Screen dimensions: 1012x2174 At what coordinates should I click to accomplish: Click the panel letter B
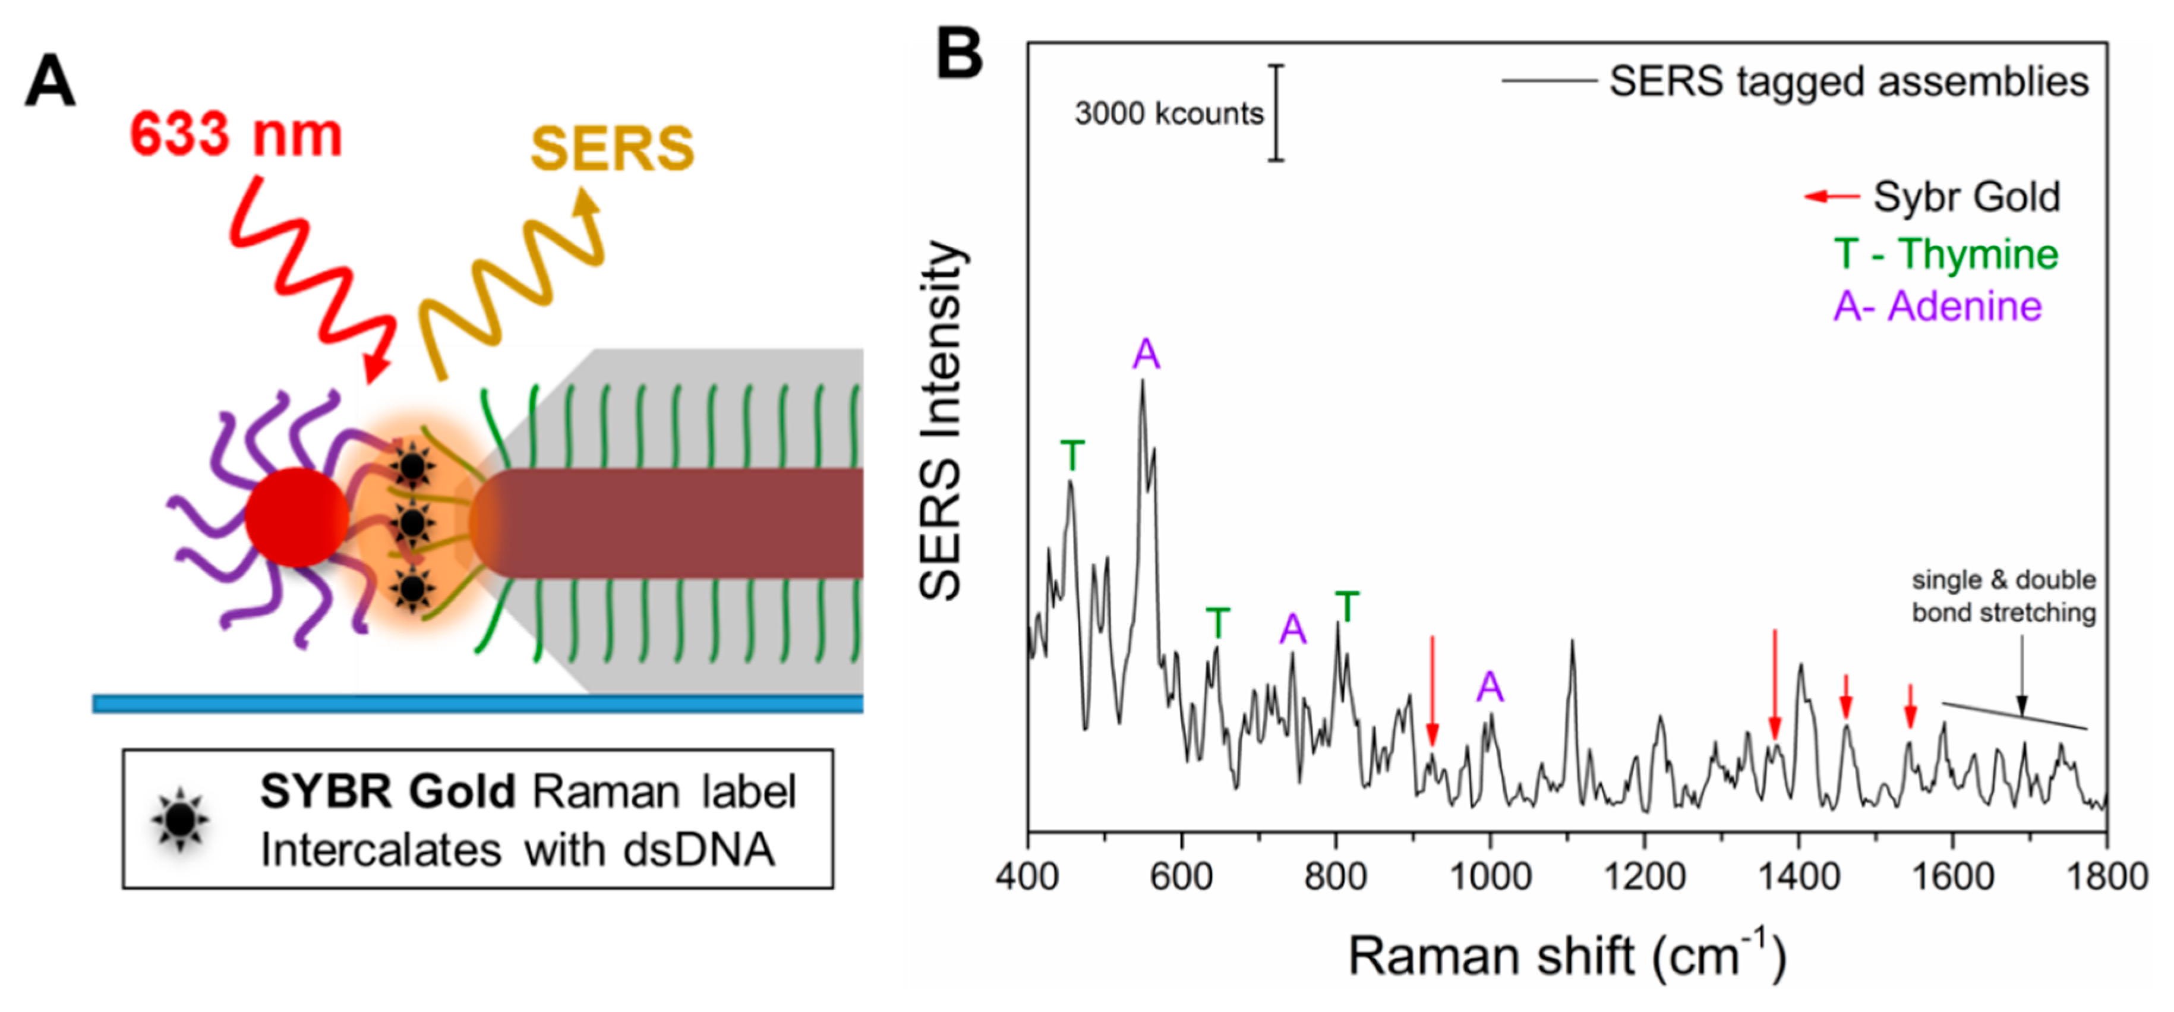click(x=960, y=53)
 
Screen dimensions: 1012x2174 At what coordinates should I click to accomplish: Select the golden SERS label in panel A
click(x=612, y=149)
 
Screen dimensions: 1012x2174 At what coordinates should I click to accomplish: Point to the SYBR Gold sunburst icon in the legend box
click(x=180, y=817)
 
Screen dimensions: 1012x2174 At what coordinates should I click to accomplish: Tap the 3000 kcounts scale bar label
click(x=1169, y=113)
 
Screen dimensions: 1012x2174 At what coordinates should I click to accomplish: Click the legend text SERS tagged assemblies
click(x=1848, y=82)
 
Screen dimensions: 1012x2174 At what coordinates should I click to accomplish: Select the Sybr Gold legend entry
click(x=1967, y=197)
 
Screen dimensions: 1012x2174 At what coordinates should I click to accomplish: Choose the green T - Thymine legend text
click(x=1946, y=254)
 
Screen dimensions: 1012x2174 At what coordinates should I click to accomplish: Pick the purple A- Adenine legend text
click(x=1938, y=305)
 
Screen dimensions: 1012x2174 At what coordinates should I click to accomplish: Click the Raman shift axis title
click(x=1566, y=956)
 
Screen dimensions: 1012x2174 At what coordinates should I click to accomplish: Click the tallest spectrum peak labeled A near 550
click(x=1143, y=384)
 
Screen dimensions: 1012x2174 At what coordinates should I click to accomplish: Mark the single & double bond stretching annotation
click(x=2003, y=596)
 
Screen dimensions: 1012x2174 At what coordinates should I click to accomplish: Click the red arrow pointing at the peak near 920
click(x=1431, y=688)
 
